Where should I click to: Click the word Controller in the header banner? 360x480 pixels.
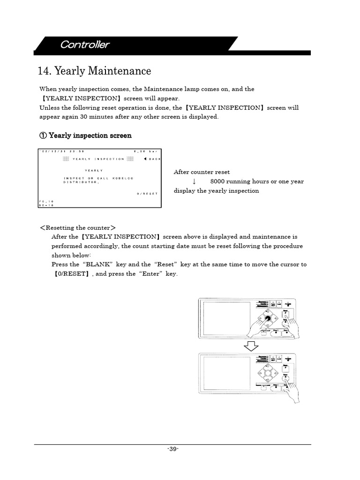[84, 45]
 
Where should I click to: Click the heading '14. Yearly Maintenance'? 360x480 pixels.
[94, 71]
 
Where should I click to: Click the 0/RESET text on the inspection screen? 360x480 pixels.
[148, 193]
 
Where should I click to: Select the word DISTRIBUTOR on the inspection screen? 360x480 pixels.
[81, 182]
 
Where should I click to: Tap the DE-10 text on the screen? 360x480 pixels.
[46, 205]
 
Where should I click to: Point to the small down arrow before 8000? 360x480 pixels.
[194, 181]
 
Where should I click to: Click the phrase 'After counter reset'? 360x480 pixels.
[202, 172]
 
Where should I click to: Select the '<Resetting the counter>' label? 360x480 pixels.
[78, 228]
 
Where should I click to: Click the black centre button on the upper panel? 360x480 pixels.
[268, 319]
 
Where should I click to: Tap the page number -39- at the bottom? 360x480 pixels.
[172, 449]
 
